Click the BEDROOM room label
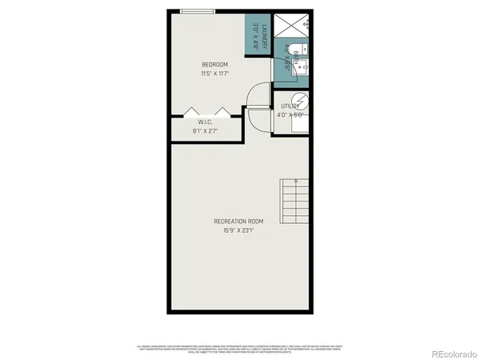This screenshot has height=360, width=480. pos(214,65)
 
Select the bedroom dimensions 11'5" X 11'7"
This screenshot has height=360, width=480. pos(214,74)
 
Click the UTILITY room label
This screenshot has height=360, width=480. pos(290,106)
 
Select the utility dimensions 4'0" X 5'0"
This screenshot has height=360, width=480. pos(290,114)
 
